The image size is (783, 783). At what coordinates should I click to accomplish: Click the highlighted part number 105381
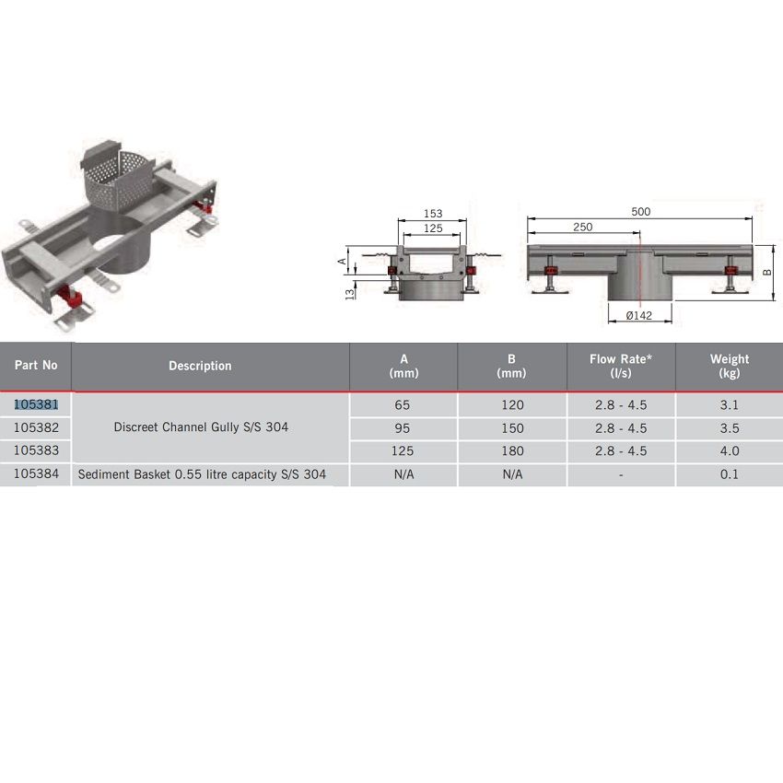point(36,404)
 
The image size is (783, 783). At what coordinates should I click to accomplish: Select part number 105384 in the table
point(36,473)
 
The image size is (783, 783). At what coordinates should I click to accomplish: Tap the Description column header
point(200,366)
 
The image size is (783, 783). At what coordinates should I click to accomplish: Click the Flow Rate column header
point(621,366)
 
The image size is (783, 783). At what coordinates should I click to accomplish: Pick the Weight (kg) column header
point(730,366)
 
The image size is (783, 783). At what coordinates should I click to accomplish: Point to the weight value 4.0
point(730,451)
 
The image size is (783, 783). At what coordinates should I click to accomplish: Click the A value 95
point(403,428)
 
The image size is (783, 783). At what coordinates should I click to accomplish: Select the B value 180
point(512,451)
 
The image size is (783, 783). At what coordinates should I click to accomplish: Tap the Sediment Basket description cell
point(202,474)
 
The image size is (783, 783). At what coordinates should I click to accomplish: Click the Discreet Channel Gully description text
point(201,427)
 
